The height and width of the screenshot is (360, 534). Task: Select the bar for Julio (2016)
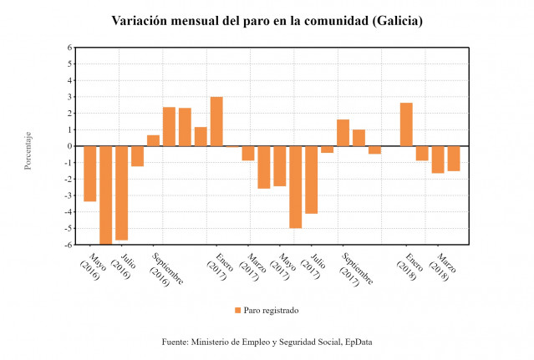(x=121, y=193)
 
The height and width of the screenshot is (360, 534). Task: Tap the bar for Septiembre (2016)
(x=153, y=140)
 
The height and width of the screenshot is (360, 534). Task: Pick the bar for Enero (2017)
(x=216, y=121)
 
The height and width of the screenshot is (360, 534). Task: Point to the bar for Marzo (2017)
(x=248, y=153)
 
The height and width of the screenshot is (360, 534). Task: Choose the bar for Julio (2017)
(x=311, y=180)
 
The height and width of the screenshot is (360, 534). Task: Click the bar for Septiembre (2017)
(x=343, y=133)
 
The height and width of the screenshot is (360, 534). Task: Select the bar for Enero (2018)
(x=406, y=124)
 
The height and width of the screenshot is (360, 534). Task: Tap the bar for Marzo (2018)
(x=438, y=159)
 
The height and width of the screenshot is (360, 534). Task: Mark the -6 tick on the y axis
(x=69, y=245)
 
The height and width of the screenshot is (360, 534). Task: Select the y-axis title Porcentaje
(x=28, y=150)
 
